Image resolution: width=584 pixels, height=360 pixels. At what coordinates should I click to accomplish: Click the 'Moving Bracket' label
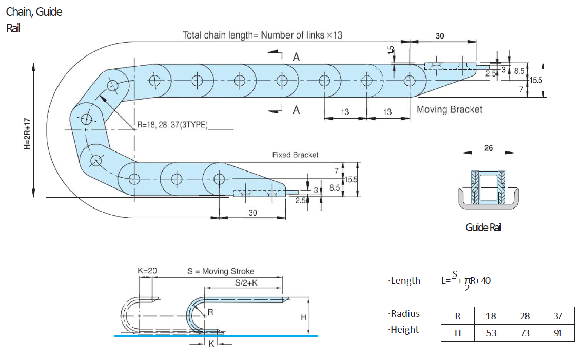coord(449,109)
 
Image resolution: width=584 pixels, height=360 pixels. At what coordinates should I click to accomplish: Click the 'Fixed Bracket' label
coord(295,155)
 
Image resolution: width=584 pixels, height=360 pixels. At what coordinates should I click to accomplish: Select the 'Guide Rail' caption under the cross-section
coord(483,228)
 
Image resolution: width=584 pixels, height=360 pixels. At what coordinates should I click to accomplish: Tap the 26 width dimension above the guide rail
coord(488,148)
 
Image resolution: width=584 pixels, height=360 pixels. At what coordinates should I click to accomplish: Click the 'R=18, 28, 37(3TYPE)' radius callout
coord(172,125)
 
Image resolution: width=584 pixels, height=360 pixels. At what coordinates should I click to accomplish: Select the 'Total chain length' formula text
coord(262,35)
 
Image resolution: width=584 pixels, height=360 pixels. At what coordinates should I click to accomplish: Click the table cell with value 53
coord(491,333)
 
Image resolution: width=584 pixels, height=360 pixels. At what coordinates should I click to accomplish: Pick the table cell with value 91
coord(558,333)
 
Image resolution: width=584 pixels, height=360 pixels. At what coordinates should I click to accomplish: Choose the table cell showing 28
coord(524,316)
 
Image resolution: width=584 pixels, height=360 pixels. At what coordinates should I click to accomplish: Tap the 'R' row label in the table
coord(458,316)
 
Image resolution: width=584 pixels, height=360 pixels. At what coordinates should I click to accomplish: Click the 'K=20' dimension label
coord(148,271)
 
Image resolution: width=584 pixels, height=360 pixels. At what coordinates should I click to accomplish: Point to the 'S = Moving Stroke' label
coord(221,271)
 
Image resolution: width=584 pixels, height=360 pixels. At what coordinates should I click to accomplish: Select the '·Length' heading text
coord(404,281)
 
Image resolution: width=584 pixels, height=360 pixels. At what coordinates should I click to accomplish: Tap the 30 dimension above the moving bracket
coord(440,36)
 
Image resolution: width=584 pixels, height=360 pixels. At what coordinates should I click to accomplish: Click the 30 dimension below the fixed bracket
coord(252,213)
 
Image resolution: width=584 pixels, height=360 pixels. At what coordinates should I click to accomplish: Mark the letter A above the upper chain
coord(296,58)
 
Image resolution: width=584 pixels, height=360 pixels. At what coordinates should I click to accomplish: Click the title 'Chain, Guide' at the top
coord(34,11)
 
